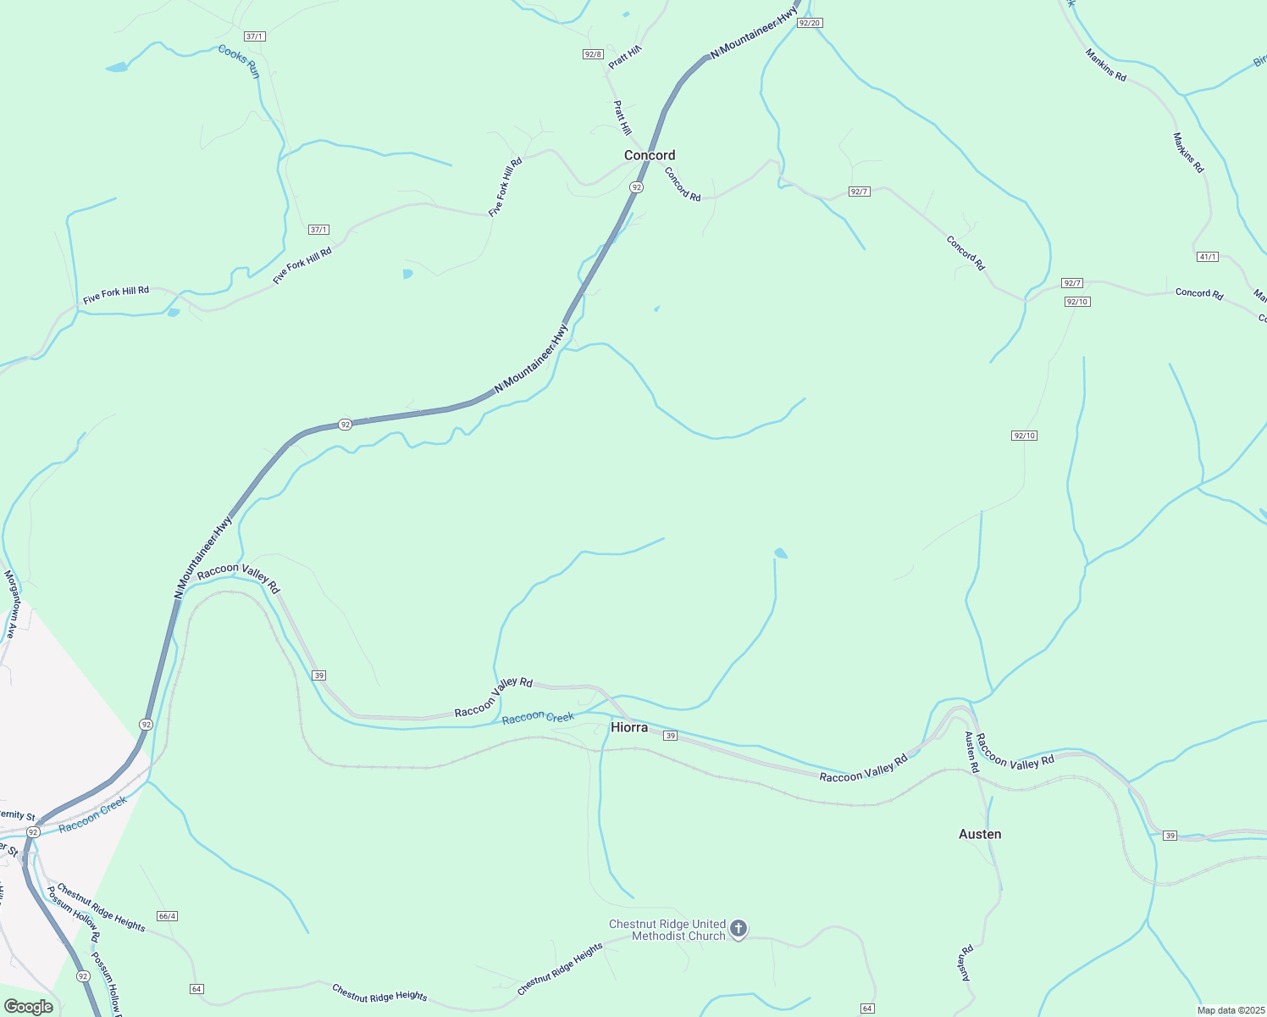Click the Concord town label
pos(650,155)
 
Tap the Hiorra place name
pos(629,727)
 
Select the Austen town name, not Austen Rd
pos(980,834)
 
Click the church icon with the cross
pos(739,930)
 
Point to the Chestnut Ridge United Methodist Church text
pos(667,930)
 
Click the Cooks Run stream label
pos(239,61)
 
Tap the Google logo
pos(28,1007)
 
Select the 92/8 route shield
pos(593,54)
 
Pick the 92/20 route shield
pos(810,23)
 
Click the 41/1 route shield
pos(1208,257)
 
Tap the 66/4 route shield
pos(167,916)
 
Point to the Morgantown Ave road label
pos(10,604)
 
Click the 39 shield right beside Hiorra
pos(670,736)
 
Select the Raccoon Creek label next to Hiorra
pos(538,718)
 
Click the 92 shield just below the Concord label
pos(636,186)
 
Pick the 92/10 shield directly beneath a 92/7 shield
pos(1077,302)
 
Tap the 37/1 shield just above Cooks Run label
pos(254,36)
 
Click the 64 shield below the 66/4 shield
pos(196,989)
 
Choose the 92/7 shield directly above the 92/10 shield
pos(1072,283)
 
